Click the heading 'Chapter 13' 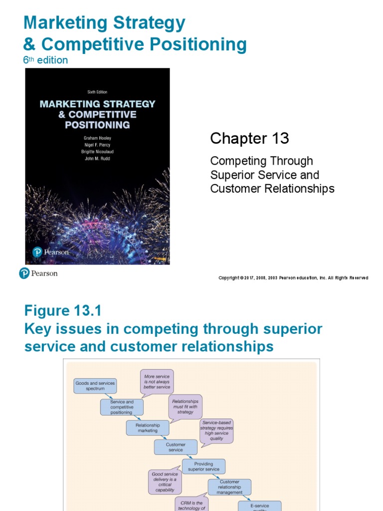(x=249, y=138)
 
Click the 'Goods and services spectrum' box (x=95, y=386)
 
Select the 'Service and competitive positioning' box (x=122, y=407)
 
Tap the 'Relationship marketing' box (x=147, y=428)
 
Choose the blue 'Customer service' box (x=176, y=447)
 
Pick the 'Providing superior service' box (x=203, y=467)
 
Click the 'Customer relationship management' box (x=229, y=487)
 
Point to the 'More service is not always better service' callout (x=157, y=382)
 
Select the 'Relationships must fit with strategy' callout (x=185, y=406)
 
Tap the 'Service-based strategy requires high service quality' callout (x=216, y=431)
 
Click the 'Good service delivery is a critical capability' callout (x=165, y=482)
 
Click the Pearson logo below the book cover (x=38, y=273)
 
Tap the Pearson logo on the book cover (x=51, y=252)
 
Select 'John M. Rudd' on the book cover (x=97, y=159)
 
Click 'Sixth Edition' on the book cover (x=97, y=92)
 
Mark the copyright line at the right (x=293, y=278)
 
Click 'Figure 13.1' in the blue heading (x=63, y=311)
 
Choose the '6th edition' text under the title (x=45, y=60)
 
